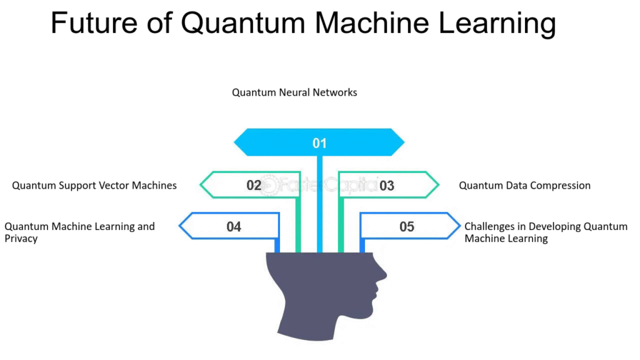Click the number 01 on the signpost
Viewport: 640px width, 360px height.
click(x=319, y=143)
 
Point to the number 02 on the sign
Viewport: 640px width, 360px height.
click(x=254, y=185)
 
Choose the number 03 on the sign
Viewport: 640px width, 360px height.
click(x=387, y=185)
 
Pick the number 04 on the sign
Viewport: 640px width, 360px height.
click(x=234, y=226)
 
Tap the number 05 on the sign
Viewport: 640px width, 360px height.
click(x=407, y=226)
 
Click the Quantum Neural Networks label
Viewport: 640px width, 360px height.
click(x=294, y=92)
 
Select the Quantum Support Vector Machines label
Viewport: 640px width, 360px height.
click(x=94, y=186)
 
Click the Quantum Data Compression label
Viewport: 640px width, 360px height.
click(x=524, y=186)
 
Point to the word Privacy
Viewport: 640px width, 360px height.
click(x=21, y=239)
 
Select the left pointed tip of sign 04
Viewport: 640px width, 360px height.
click(x=181, y=226)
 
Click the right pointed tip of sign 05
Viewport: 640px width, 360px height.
click(x=459, y=226)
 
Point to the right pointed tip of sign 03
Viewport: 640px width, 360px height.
click(x=438, y=185)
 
